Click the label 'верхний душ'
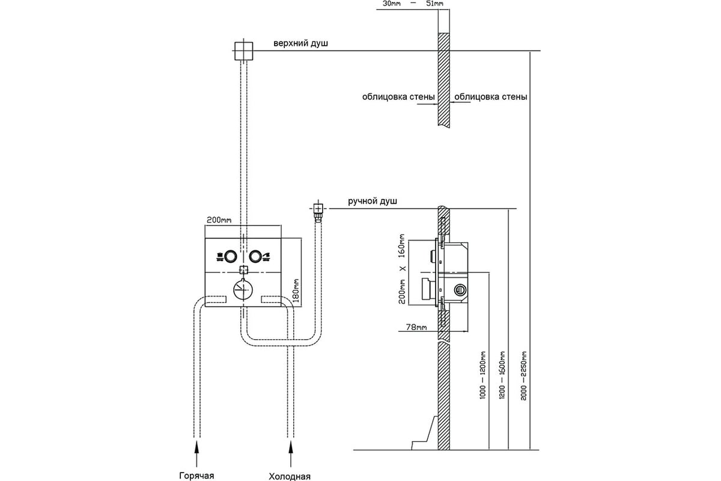point(300,43)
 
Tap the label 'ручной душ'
point(373,201)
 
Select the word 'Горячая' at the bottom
point(196,476)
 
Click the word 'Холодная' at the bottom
point(290,476)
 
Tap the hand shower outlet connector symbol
point(318,212)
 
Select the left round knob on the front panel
point(231,257)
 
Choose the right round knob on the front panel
point(255,257)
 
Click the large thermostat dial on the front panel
point(243,290)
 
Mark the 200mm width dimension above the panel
point(219,220)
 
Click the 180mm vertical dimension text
point(296,290)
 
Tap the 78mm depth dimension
point(416,327)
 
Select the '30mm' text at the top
point(391,4)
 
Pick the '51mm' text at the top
point(434,4)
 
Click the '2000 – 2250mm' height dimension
point(524,376)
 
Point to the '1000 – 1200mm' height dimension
point(482,375)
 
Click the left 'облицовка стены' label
point(398,97)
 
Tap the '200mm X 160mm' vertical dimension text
point(402,269)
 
